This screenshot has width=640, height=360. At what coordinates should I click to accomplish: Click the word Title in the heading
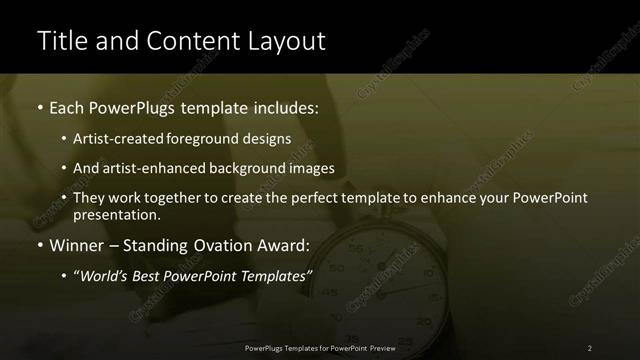(60, 41)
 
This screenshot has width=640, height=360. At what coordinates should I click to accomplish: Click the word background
(253, 168)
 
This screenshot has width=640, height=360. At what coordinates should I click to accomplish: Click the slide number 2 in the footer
(589, 348)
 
